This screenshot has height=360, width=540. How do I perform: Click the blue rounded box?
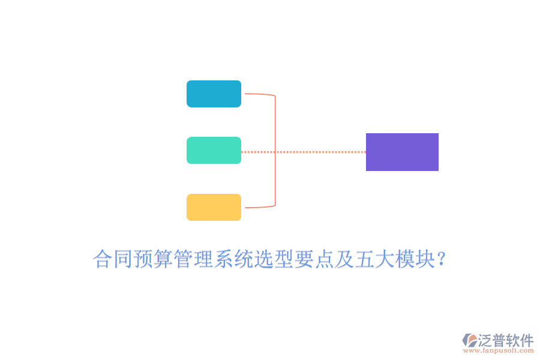pyautogui.click(x=214, y=94)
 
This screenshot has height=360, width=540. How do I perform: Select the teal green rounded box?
pyautogui.click(x=214, y=150)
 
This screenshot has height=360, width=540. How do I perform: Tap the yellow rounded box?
pyautogui.click(x=214, y=207)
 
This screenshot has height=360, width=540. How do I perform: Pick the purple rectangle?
pyautogui.click(x=402, y=152)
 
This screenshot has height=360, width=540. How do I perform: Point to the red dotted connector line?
pyautogui.click(x=304, y=152)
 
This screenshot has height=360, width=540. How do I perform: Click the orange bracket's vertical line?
pyautogui.click(x=275, y=151)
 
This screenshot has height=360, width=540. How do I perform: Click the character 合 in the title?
pyautogui.click(x=103, y=259)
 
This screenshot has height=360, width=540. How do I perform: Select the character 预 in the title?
pyautogui.click(x=143, y=259)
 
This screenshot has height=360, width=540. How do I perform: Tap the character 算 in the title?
pyautogui.click(x=163, y=259)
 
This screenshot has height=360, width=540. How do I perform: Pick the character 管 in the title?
pyautogui.click(x=183, y=259)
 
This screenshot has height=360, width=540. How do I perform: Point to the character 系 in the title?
pyautogui.click(x=224, y=259)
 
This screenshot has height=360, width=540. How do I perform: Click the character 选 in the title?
pyautogui.click(x=264, y=259)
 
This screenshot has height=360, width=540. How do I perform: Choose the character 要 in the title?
pyautogui.click(x=304, y=259)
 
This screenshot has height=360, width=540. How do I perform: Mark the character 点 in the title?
pyautogui.click(x=324, y=259)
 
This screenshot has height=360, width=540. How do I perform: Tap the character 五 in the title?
pyautogui.click(x=364, y=259)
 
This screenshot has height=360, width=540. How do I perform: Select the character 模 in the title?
pyautogui.click(x=404, y=259)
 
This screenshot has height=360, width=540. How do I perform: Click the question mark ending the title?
pyautogui.click(x=440, y=259)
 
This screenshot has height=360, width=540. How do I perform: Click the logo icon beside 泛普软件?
pyautogui.click(x=470, y=340)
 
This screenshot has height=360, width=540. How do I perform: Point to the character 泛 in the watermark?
pyautogui.click(x=485, y=340)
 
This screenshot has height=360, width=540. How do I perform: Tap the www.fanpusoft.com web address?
pyautogui.click(x=499, y=350)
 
